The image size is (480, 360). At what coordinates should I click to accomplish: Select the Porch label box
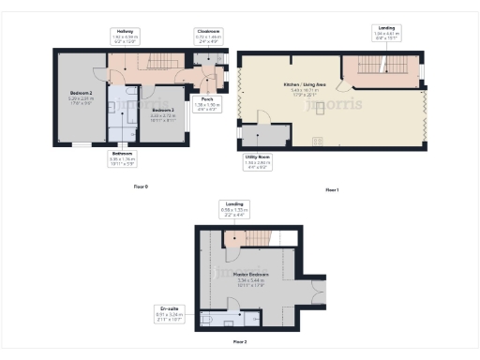(207, 102)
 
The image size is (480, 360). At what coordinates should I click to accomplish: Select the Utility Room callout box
(257, 162)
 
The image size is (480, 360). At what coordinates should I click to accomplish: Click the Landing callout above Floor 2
(232, 208)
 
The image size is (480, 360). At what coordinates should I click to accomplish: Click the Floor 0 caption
(141, 187)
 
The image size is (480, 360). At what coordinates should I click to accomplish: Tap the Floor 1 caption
(332, 190)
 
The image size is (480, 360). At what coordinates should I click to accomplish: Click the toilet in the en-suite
(205, 318)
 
